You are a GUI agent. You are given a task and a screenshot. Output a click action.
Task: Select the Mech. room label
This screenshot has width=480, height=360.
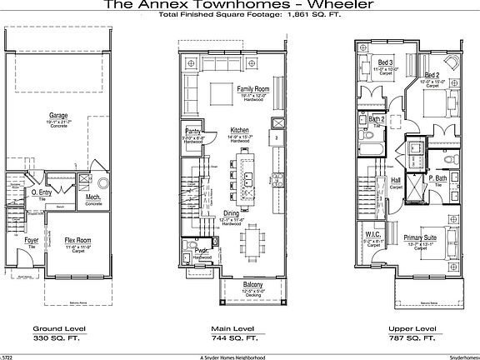coord(93,197)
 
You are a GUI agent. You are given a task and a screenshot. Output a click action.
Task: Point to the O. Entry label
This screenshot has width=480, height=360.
coord(42,192)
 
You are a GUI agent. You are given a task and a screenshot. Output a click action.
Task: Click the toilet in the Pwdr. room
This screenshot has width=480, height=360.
coord(212,247)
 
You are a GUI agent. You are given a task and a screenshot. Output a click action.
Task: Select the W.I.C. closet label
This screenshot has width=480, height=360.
coord(373,236)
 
